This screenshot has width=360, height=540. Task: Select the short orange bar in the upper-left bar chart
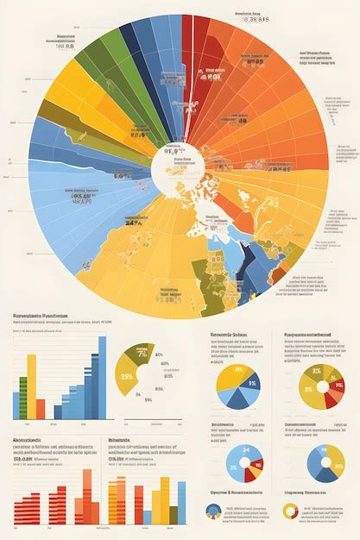pos(41,409)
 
